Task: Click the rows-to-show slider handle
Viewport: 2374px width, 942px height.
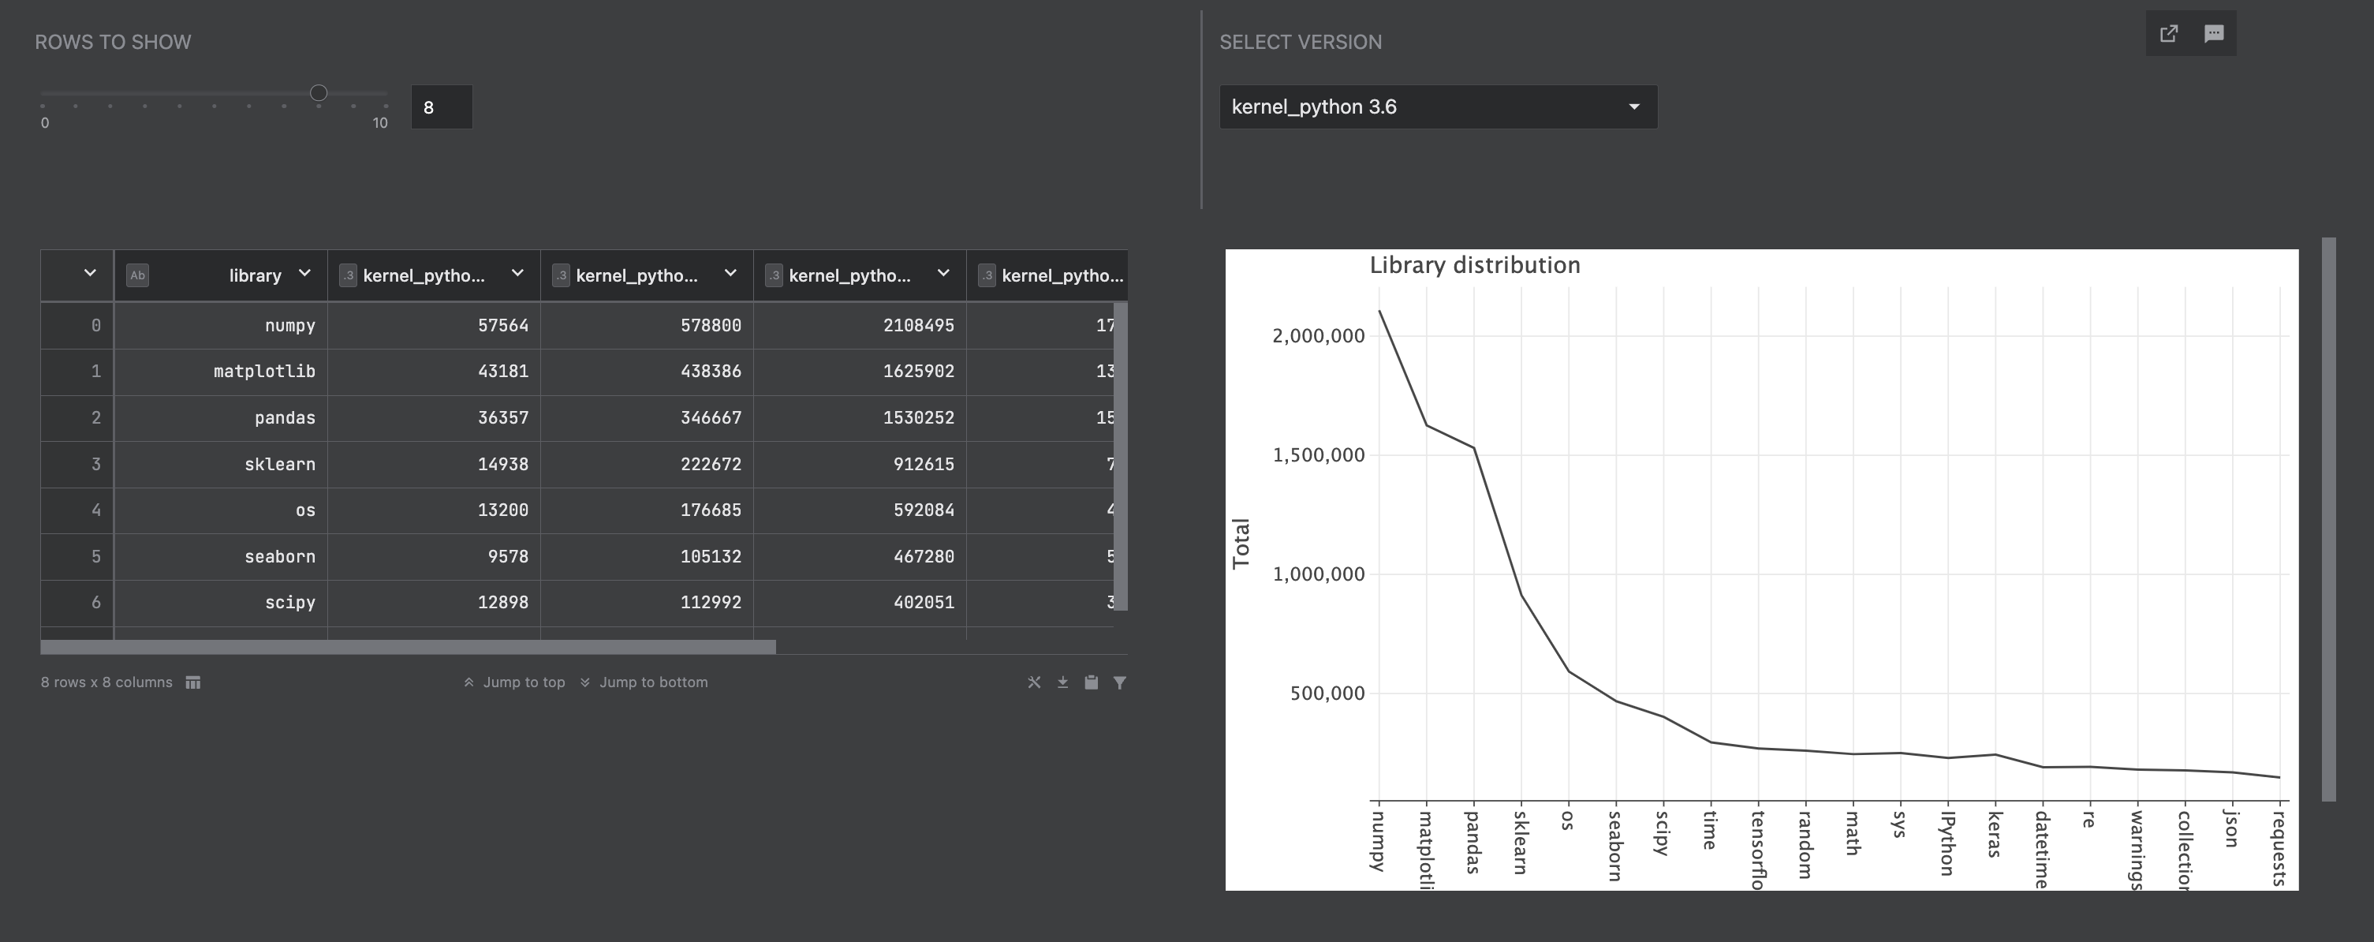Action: tap(318, 93)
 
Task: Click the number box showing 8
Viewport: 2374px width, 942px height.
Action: tap(441, 108)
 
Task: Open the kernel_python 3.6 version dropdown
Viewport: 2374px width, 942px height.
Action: tap(1438, 107)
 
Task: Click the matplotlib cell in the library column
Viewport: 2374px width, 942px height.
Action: tap(263, 372)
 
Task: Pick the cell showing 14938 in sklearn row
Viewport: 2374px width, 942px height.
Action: tap(502, 465)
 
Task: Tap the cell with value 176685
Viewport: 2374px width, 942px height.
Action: tap(710, 510)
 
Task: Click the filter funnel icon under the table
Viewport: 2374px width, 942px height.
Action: tap(1120, 683)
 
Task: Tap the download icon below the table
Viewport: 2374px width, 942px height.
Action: tap(1062, 683)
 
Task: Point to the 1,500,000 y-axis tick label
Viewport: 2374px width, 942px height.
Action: tap(1318, 455)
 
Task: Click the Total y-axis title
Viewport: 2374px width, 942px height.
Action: tap(1241, 543)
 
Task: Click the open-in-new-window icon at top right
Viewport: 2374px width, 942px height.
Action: tap(2168, 34)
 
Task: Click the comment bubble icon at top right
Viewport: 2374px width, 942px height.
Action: tap(2214, 34)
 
